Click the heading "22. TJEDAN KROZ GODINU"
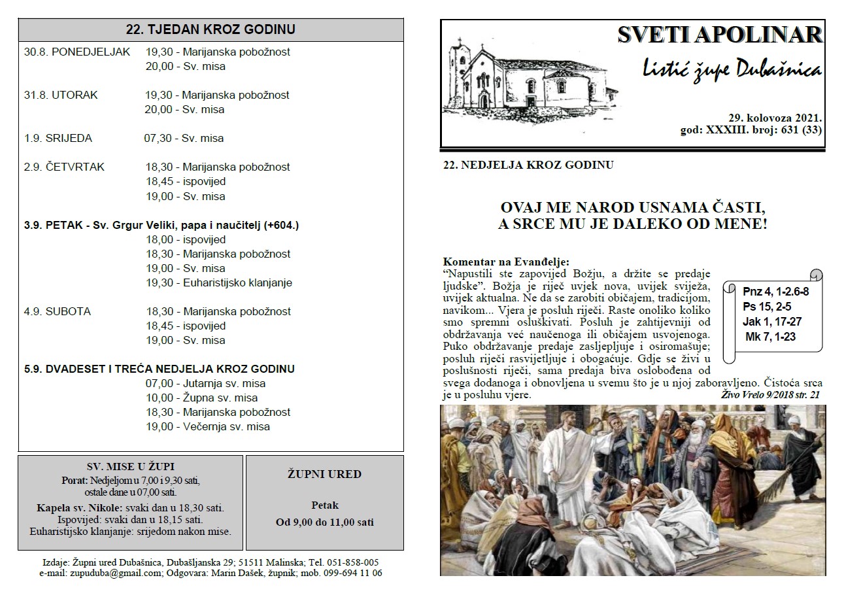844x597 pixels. point(211,29)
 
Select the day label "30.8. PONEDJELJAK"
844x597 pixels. point(77,52)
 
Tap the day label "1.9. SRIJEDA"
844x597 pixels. point(58,138)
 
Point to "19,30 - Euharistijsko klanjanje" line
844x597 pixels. point(218,282)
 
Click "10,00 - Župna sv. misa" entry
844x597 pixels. point(201,398)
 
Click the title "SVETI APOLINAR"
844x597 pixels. point(720,36)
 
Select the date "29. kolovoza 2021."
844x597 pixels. point(775,118)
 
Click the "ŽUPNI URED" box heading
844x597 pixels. point(324,474)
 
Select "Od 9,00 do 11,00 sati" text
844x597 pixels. point(324,522)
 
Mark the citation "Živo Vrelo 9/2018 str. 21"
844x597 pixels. point(769,395)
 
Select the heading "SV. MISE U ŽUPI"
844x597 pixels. point(131,467)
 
